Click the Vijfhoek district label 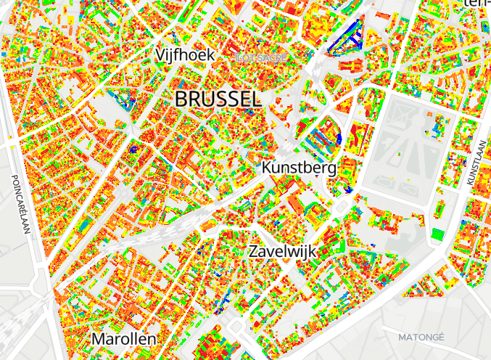pyautogui.click(x=185, y=55)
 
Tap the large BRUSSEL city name pyautogui.click(x=218, y=99)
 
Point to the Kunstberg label pyautogui.click(x=300, y=168)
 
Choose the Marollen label pyautogui.click(x=123, y=339)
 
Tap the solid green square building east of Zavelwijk pyautogui.click(x=437, y=234)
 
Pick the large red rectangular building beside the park pyautogui.click(x=359, y=134)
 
